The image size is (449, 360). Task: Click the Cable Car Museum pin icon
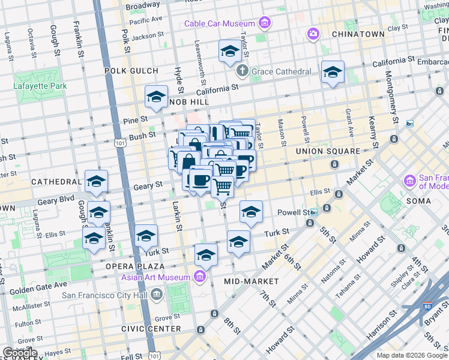point(265,23)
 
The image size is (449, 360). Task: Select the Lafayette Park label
point(40,85)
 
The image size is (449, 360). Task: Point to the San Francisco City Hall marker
point(157,294)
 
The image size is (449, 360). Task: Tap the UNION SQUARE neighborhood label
point(328,151)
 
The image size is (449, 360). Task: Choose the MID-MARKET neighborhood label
point(251,281)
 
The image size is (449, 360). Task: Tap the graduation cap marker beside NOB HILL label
point(156,97)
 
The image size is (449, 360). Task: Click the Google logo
point(20,353)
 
